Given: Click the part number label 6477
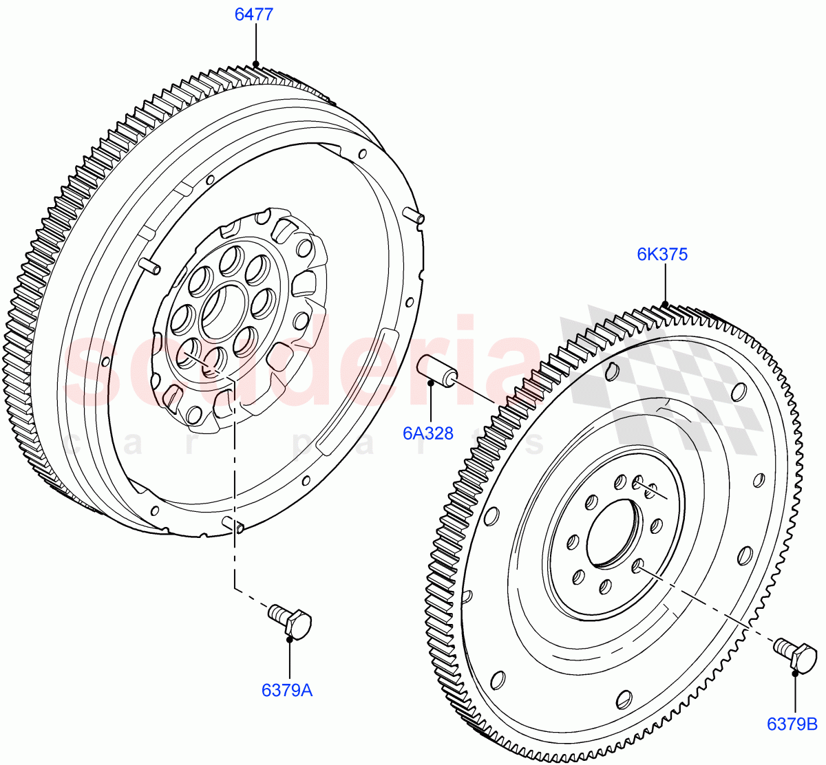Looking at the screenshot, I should pos(254,14).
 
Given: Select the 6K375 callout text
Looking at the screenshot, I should pos(661,255).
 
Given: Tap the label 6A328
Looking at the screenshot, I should pos(428,433).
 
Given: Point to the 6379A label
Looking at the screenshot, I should pos(287,689).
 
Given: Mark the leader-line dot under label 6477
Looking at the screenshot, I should pos(255,65).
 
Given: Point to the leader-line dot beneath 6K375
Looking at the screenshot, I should pos(665,303).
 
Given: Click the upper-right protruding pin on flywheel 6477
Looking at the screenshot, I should pos(415,215).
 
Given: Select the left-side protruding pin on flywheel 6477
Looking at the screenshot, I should pos(149,266).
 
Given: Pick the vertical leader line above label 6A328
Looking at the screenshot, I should pos(430,402).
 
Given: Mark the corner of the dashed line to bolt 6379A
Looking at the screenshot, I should pos(235,589).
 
